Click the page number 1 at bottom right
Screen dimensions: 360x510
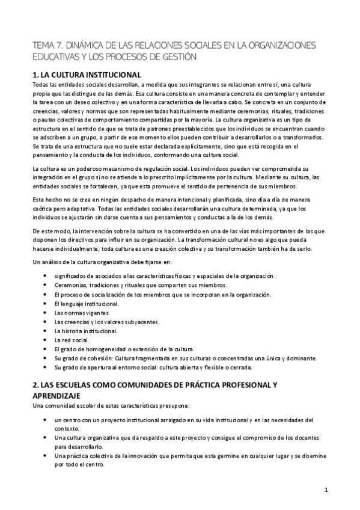pyautogui.click(x=326, y=490)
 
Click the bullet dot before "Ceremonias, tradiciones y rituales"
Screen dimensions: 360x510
pyautogui.click(x=46, y=286)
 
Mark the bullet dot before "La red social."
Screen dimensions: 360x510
pyautogui.click(x=46, y=340)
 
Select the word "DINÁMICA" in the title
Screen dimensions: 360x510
pyautogui.click(x=91, y=46)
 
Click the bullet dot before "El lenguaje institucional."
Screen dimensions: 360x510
pyautogui.click(x=46, y=304)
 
